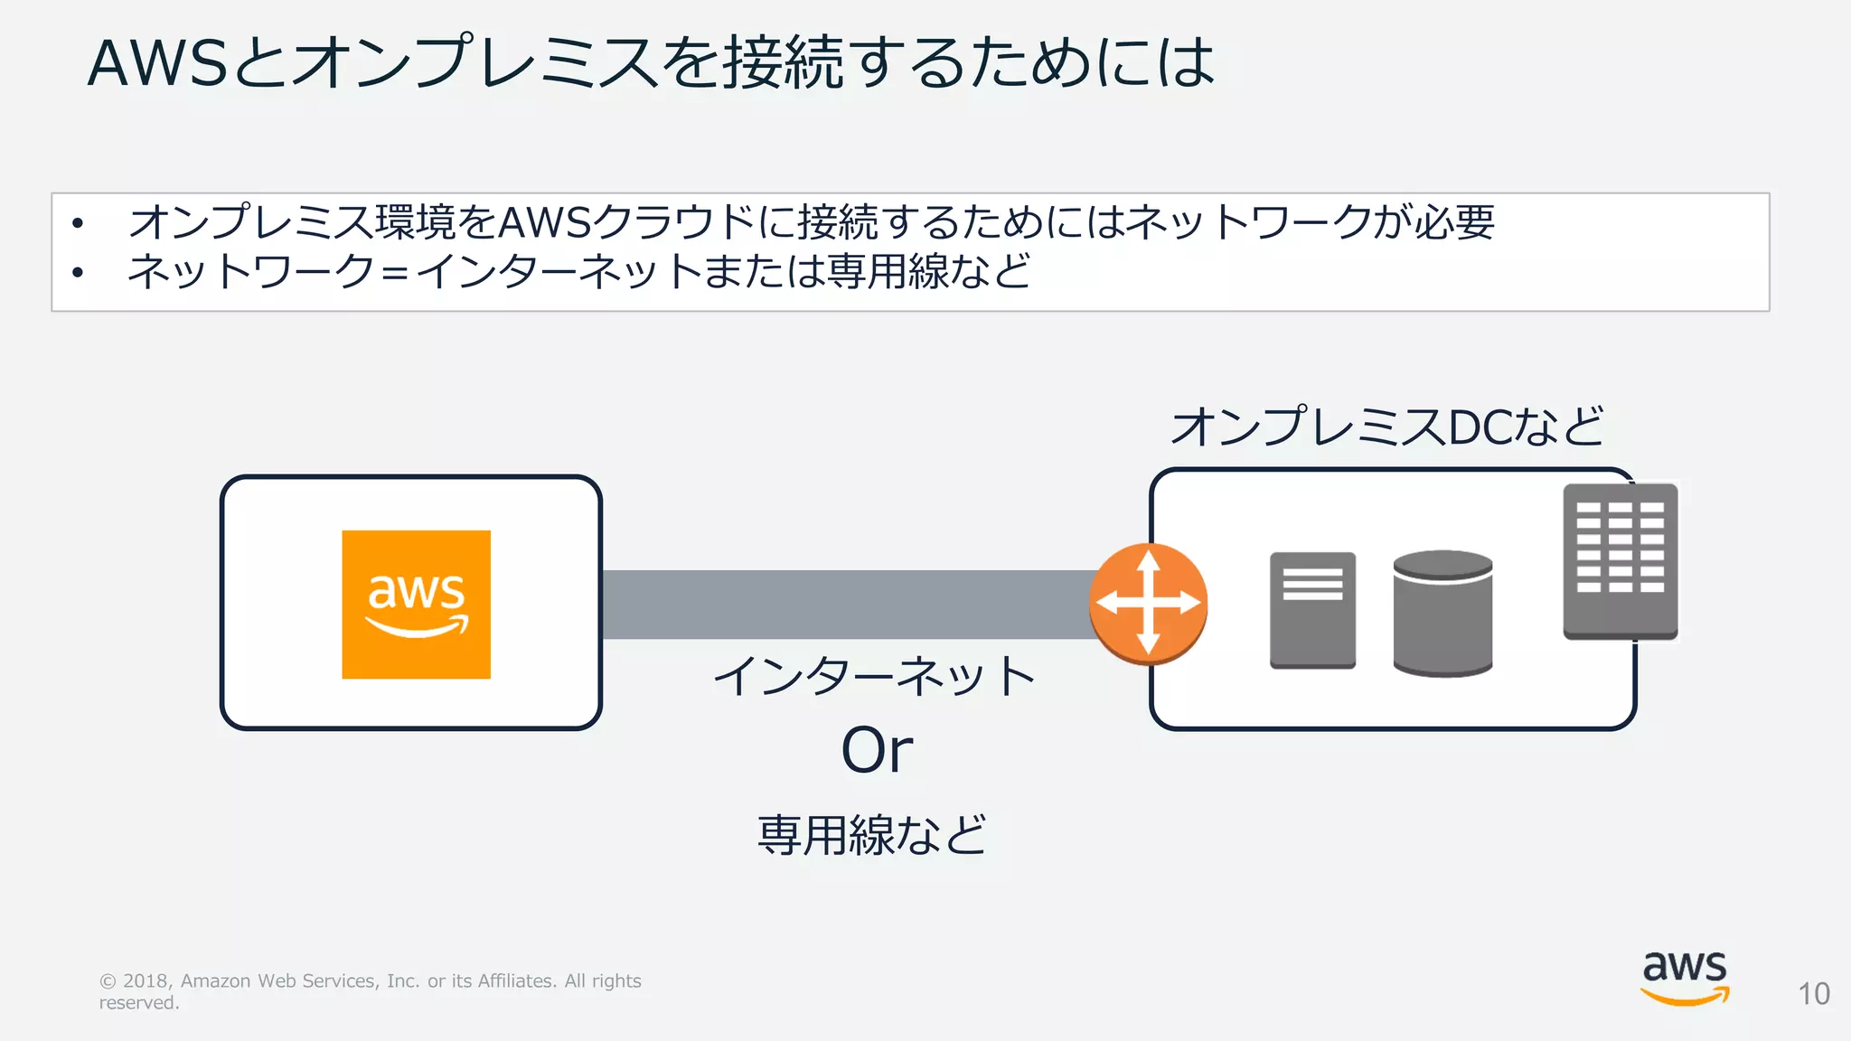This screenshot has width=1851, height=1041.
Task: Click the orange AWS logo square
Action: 416,604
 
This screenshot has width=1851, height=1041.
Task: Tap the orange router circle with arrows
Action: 1148,604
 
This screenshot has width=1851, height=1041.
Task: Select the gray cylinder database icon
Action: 1442,614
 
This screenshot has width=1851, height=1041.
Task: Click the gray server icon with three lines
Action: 1312,611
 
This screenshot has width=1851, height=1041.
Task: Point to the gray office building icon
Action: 1621,561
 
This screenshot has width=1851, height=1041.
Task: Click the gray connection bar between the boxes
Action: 850,604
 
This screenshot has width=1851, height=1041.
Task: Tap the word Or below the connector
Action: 877,750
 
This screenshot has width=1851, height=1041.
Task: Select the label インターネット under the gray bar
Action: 874,676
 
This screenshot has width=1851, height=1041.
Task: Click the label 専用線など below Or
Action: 872,834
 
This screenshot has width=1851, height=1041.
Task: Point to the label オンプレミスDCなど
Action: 1387,427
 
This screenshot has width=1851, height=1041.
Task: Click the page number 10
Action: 1813,994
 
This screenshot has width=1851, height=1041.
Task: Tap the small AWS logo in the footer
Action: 1685,978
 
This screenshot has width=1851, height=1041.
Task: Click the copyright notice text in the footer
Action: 370,991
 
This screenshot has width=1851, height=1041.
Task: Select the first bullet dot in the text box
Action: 79,222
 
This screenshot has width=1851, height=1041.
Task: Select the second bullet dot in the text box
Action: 79,272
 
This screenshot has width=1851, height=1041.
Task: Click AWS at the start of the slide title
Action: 157,63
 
